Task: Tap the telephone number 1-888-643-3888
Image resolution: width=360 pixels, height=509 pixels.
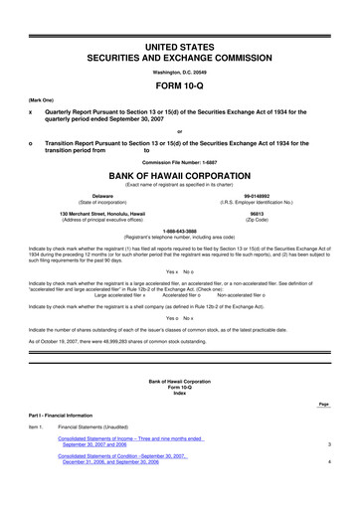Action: (x=179, y=232)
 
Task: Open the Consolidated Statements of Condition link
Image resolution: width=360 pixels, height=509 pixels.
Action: (x=129, y=487)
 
